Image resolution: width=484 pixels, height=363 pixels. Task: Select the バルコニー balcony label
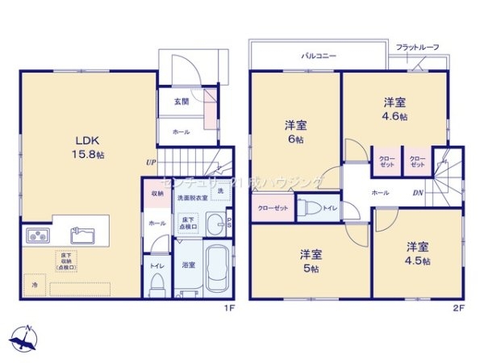[319, 57]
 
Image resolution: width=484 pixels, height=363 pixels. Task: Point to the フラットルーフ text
[417, 48]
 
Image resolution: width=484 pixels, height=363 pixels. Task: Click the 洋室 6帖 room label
[294, 131]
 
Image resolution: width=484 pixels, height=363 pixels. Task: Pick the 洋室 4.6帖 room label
[394, 110]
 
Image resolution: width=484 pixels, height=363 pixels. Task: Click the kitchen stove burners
[38, 236]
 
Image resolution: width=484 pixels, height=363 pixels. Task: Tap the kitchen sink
[83, 236]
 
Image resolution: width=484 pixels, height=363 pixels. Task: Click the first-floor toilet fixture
[157, 282]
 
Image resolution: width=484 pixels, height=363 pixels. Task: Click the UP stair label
[151, 162]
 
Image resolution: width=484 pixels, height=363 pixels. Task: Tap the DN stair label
[419, 193]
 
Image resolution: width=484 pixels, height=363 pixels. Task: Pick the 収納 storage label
[156, 194]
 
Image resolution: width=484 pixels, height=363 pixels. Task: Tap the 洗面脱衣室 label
[193, 198]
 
